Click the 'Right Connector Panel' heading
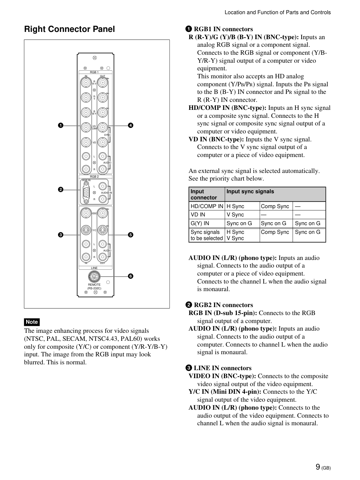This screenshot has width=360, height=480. pos(69,29)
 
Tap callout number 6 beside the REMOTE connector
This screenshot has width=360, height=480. pos(131,276)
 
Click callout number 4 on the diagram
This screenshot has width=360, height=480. pos(131,125)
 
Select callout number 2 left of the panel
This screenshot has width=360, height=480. pos(61,190)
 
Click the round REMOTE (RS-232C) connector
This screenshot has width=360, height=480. pos(94,277)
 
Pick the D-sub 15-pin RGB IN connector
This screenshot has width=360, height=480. pos(86,192)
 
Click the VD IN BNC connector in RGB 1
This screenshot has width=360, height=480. pos(86,142)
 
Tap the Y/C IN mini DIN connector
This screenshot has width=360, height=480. pos(86,230)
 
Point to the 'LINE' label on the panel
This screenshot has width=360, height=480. pos(94,268)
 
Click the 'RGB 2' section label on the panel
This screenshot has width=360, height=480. pos(94,177)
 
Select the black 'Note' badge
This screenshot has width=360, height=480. pos(32,322)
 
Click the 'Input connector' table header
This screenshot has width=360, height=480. pos(204,194)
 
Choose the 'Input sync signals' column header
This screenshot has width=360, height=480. pos(250,191)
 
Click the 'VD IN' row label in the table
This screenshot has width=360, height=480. pos(198,215)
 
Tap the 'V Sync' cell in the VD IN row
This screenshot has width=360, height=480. pos(235,215)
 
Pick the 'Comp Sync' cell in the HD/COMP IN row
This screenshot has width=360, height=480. pos(275,206)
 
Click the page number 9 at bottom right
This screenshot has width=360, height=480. pos(318,467)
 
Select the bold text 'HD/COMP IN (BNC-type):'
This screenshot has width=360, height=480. pos(227,108)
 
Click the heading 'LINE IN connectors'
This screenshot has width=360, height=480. pos(222,368)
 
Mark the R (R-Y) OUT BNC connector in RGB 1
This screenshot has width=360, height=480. pos(103,83)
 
